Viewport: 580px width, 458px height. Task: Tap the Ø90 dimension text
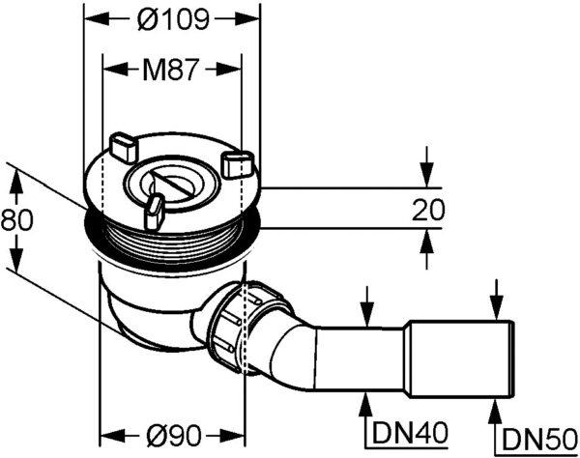(x=173, y=435)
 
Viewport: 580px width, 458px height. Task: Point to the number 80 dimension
(x=16, y=220)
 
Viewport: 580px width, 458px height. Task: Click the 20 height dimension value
(x=428, y=210)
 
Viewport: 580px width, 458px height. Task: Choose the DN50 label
(x=540, y=439)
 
